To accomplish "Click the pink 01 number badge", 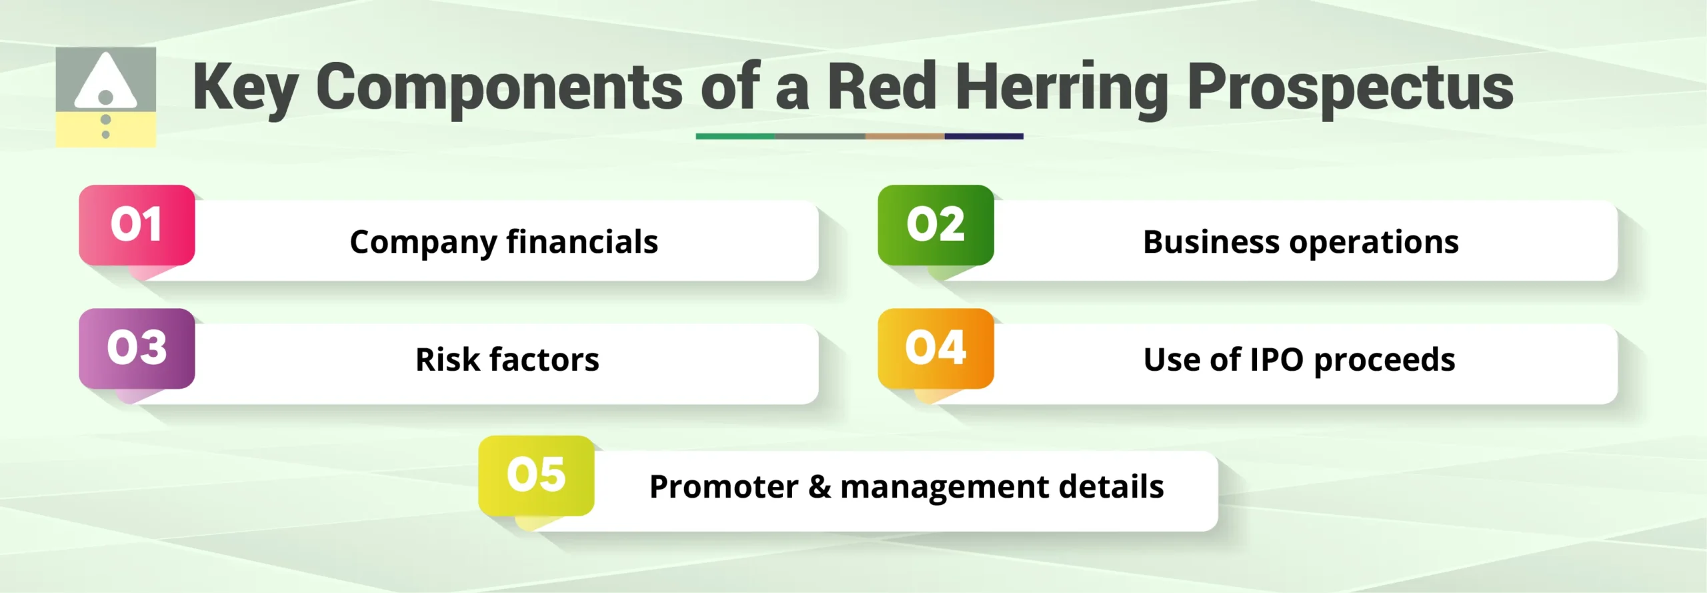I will coord(137,225).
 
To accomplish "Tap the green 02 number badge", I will coord(936,225).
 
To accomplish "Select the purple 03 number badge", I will coord(137,348).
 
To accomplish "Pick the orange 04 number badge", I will coord(936,348).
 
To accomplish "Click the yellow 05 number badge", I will coord(536,475).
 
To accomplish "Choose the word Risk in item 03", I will coord(447,360).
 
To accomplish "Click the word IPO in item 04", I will coord(1276,360).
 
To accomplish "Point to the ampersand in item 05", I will coord(819,486).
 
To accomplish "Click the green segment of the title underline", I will coord(735,136).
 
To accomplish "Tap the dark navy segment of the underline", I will coord(984,136).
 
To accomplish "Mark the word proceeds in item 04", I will coord(1384,360).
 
